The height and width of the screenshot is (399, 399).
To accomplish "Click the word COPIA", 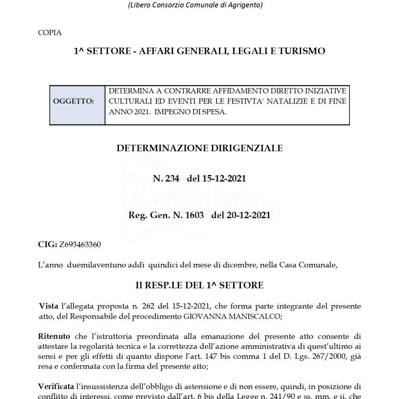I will click(x=49, y=33).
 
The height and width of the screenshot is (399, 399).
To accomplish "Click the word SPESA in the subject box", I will click(x=217, y=111).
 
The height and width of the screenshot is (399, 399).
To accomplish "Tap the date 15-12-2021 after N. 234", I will click(x=224, y=179).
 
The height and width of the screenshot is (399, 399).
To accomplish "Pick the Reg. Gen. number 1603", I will click(x=195, y=215).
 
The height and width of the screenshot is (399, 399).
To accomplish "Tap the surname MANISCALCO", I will click(x=254, y=316).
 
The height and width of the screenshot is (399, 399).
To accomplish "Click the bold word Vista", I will click(x=49, y=306).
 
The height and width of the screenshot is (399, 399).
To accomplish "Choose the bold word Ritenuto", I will click(x=54, y=336).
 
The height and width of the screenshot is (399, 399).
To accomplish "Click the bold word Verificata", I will click(x=56, y=387).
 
